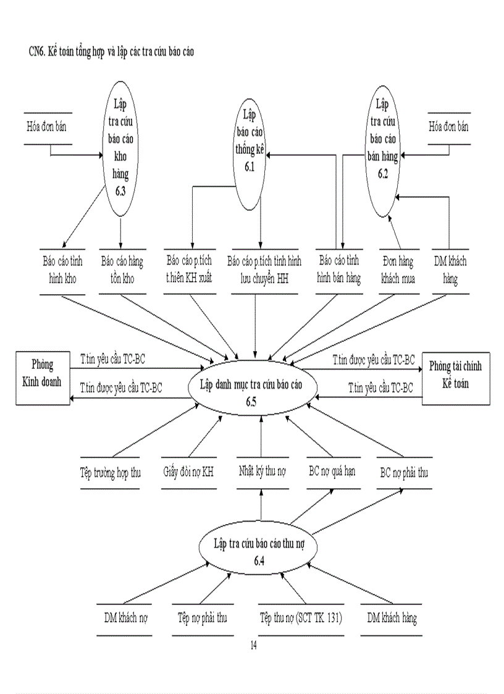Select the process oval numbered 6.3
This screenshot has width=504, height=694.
120,148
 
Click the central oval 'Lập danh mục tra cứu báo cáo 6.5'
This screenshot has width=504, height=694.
253,389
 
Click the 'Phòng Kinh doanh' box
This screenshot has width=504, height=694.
43,376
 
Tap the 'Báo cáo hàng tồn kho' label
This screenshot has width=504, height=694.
122,269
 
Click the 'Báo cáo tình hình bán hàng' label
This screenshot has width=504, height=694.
338,269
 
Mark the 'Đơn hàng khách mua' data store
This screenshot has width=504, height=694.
398,269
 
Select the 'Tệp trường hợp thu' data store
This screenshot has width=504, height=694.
111,473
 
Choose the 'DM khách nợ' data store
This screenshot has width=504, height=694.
126,617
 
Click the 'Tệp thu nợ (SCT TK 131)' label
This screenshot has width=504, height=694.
301,617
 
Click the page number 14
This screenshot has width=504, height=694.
253,646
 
